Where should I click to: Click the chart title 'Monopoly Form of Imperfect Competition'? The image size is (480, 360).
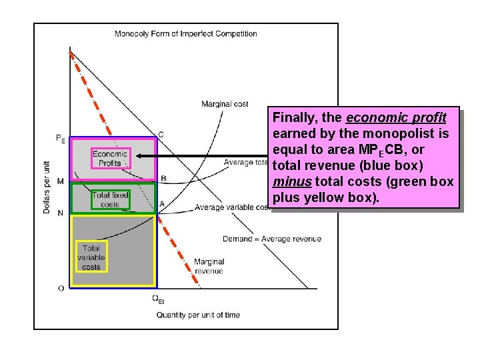[x=186, y=34]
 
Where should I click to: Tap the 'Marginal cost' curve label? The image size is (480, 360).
[x=225, y=104]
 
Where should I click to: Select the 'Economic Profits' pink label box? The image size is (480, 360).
[x=110, y=159]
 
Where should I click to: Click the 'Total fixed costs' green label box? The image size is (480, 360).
[x=110, y=200]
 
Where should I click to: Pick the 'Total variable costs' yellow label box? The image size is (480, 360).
[x=91, y=257]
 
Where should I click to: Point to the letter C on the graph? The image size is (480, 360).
[x=161, y=135]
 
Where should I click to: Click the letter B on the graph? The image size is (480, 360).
[x=163, y=178]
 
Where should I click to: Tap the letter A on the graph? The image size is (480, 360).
[x=162, y=203]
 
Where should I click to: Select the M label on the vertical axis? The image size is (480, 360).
[x=61, y=181]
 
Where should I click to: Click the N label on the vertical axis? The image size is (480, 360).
[x=61, y=213]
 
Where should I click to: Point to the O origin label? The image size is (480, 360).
[x=61, y=288]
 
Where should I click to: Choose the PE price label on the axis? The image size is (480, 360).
[x=61, y=139]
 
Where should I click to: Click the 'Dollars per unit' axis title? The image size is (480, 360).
[x=47, y=186]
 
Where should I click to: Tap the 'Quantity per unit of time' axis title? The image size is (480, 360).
[x=198, y=315]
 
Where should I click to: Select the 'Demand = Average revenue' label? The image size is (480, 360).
[x=272, y=239]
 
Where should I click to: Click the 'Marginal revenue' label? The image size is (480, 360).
[x=209, y=266]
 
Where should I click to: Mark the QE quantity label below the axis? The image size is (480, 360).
[x=158, y=299]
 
